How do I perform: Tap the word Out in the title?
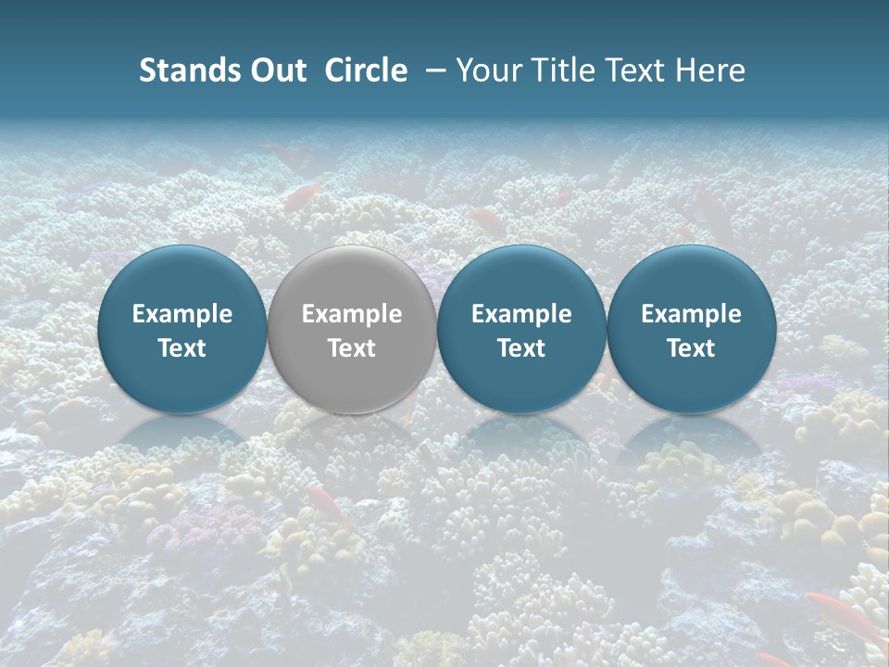coord(278,70)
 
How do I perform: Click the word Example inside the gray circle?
coord(352,314)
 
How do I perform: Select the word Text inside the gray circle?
coord(352,348)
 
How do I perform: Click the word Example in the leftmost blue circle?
coord(182,314)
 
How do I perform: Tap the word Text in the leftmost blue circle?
coord(182,348)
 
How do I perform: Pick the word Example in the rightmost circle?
coord(691,314)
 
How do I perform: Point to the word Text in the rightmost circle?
coord(691,348)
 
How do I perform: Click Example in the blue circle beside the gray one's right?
coord(521,314)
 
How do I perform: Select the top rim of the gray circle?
coord(352,248)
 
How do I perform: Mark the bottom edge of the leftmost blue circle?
coord(182,410)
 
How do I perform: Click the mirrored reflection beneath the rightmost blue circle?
coord(691,435)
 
